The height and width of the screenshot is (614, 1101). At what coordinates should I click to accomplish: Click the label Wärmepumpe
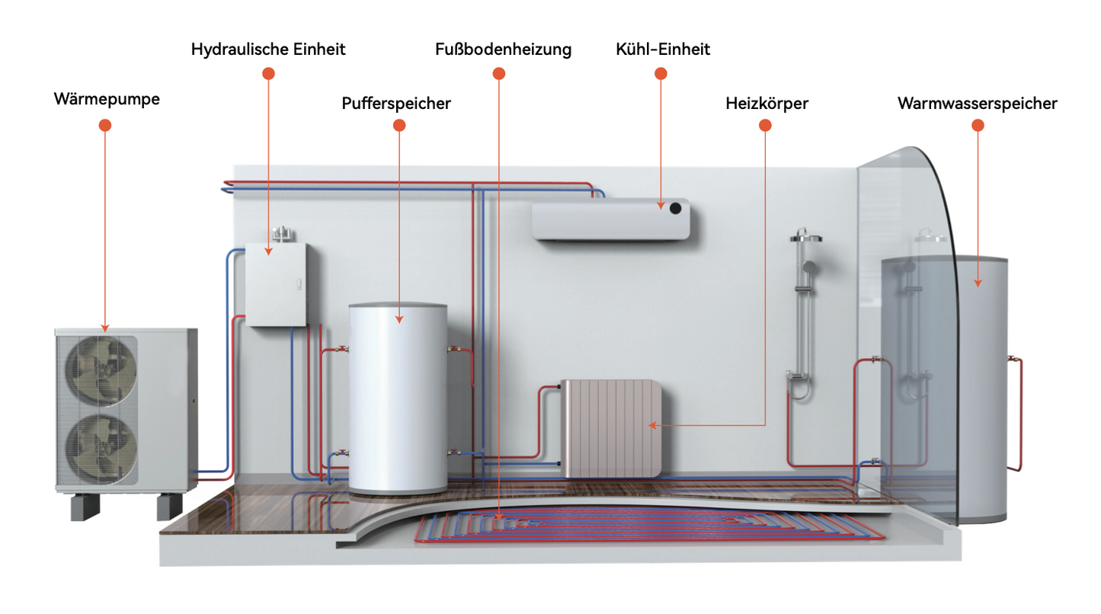coord(107,99)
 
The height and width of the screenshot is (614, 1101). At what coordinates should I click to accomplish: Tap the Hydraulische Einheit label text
coord(268,50)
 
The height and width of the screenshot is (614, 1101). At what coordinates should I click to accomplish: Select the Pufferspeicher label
coord(396,103)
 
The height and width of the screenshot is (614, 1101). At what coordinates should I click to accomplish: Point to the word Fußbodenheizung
coord(503,50)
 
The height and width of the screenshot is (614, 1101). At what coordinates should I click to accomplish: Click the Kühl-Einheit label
coord(663,50)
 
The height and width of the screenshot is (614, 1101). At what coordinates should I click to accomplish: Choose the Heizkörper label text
coord(767,103)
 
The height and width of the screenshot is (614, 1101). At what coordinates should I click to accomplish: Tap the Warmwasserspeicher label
coord(978,103)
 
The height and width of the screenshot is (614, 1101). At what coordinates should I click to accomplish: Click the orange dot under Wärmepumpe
coord(105,126)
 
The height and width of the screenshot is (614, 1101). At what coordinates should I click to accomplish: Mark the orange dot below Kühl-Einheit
coord(661,74)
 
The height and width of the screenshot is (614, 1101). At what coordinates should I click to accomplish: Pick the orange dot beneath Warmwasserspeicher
coord(978,126)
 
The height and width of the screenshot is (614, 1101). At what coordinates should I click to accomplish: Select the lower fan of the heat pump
coord(102,448)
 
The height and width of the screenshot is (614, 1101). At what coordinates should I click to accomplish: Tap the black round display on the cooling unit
coord(675,207)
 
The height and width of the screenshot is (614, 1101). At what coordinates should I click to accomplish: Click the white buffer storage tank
coord(398,396)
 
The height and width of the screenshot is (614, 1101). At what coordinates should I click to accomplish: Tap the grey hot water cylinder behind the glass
coord(945,381)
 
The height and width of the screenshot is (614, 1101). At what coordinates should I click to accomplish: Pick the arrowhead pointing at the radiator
coord(651,425)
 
